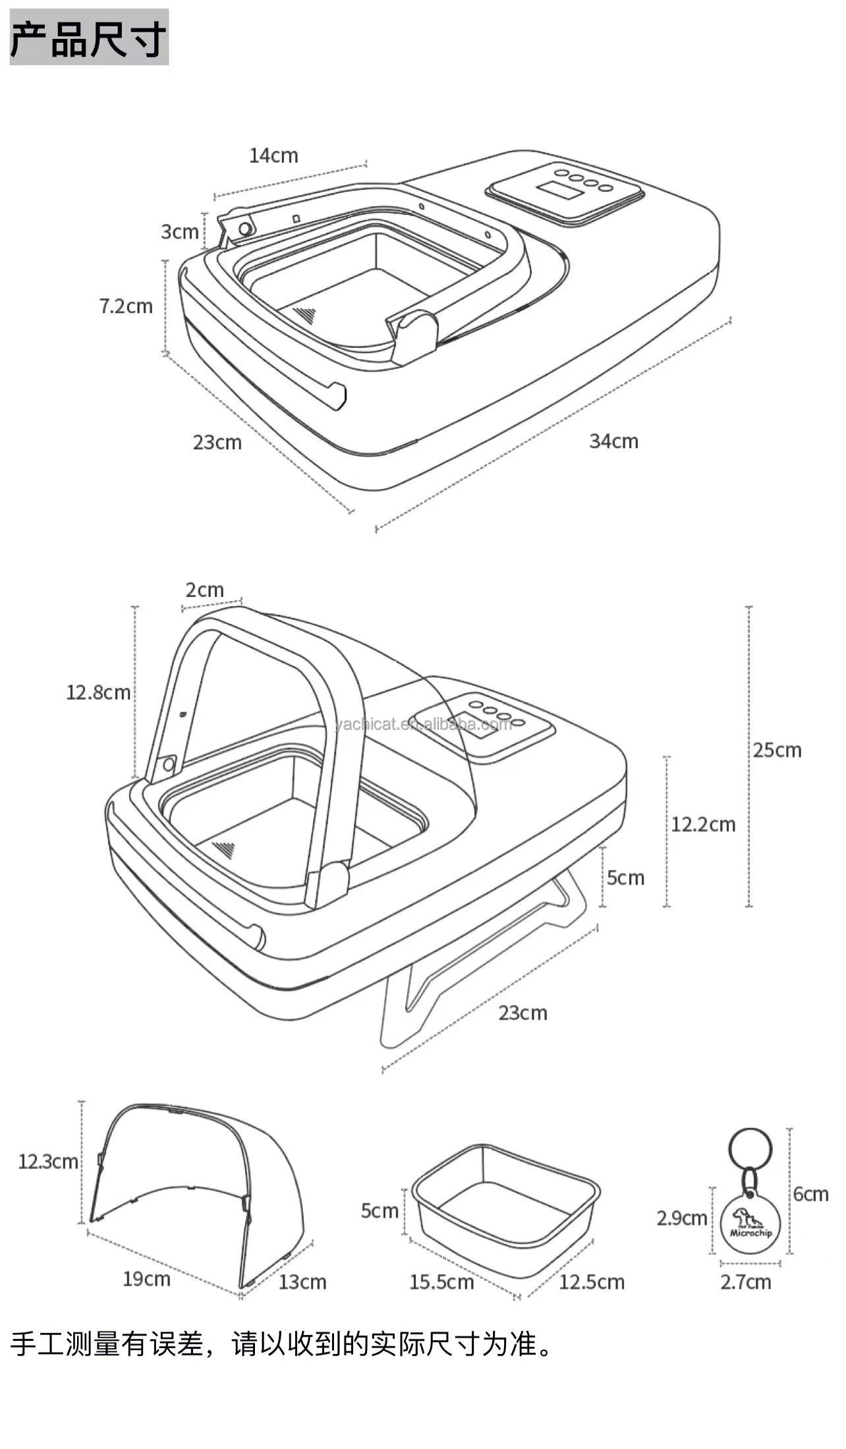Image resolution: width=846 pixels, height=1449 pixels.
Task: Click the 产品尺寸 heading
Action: click(x=89, y=37)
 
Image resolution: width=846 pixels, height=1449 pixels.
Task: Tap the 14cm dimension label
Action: click(x=273, y=156)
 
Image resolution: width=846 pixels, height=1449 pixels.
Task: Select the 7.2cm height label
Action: click(x=126, y=306)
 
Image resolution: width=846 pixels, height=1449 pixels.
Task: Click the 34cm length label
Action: click(x=613, y=441)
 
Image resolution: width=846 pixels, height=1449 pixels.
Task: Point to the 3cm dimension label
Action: click(x=179, y=231)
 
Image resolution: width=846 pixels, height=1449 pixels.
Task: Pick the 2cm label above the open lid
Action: click(x=204, y=590)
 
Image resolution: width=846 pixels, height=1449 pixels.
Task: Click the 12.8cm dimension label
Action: click(x=98, y=692)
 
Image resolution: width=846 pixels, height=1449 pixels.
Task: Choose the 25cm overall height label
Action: click(x=777, y=750)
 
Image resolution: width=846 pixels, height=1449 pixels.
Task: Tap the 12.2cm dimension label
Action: click(x=703, y=824)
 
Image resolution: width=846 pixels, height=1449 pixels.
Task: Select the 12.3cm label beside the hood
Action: click(x=48, y=1162)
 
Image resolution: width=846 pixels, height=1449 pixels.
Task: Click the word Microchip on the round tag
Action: click(x=750, y=1233)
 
